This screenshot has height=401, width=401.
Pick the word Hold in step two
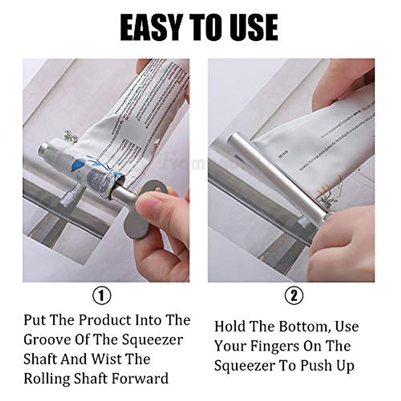tap(230, 326)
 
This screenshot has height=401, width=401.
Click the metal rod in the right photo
tap(281, 170)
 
